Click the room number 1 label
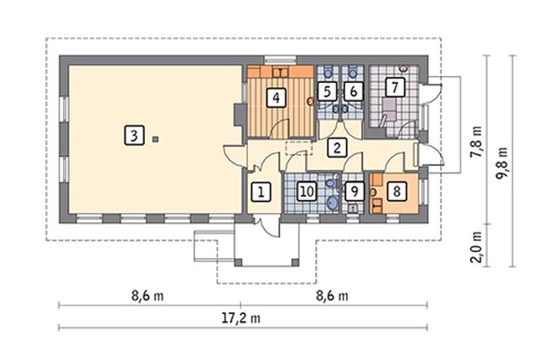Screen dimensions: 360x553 coord(261,192)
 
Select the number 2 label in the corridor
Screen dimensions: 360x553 coord(336,148)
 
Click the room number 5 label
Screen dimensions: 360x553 coord(328,90)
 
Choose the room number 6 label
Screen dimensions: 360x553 coord(353,90)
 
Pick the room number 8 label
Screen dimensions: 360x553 coord(396,191)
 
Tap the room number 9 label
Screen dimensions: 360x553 coord(354,192)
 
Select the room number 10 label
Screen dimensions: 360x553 coord(307,192)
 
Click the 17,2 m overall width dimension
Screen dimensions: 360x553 coord(241,318)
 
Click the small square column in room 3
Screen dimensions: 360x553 coord(154,139)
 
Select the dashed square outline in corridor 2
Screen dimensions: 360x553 coord(297,147)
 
